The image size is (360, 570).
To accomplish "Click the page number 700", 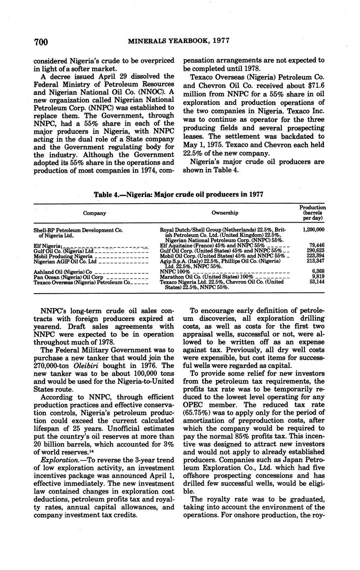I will tap(41, 42).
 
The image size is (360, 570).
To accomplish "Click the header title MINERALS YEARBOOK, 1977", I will tap(179, 41).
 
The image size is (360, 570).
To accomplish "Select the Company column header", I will tap(95, 213).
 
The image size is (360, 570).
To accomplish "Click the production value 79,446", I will tap(315, 245).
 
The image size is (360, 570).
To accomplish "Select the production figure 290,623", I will tap(314, 250).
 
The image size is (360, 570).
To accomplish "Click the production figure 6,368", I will tap(317, 271).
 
